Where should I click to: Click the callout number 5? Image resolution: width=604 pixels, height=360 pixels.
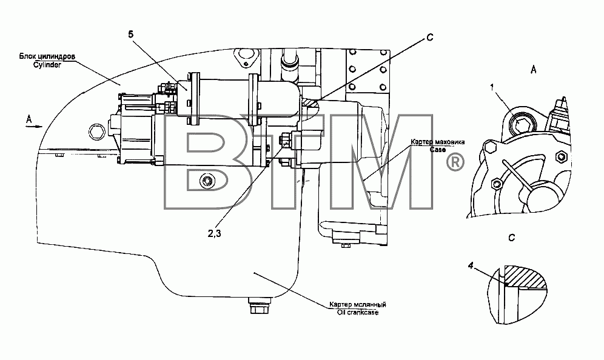131,35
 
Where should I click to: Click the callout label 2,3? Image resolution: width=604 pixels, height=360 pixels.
215,233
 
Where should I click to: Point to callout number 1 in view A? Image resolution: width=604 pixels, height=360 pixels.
492,88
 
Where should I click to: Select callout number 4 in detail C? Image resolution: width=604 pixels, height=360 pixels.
471,265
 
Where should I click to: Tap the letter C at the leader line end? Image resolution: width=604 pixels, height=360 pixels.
431,38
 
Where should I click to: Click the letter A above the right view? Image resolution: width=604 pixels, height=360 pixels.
534,70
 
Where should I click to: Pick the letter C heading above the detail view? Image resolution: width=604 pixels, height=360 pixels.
512,238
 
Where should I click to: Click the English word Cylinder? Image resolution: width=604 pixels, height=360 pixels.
47,65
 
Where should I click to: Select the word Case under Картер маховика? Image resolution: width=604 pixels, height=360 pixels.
438,149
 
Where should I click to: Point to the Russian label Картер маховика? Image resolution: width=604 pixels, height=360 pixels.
438,142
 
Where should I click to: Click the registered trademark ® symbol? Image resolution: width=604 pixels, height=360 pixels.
455,163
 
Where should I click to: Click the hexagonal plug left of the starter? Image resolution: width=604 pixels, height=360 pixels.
96,133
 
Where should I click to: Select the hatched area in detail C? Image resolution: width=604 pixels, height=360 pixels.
524,276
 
